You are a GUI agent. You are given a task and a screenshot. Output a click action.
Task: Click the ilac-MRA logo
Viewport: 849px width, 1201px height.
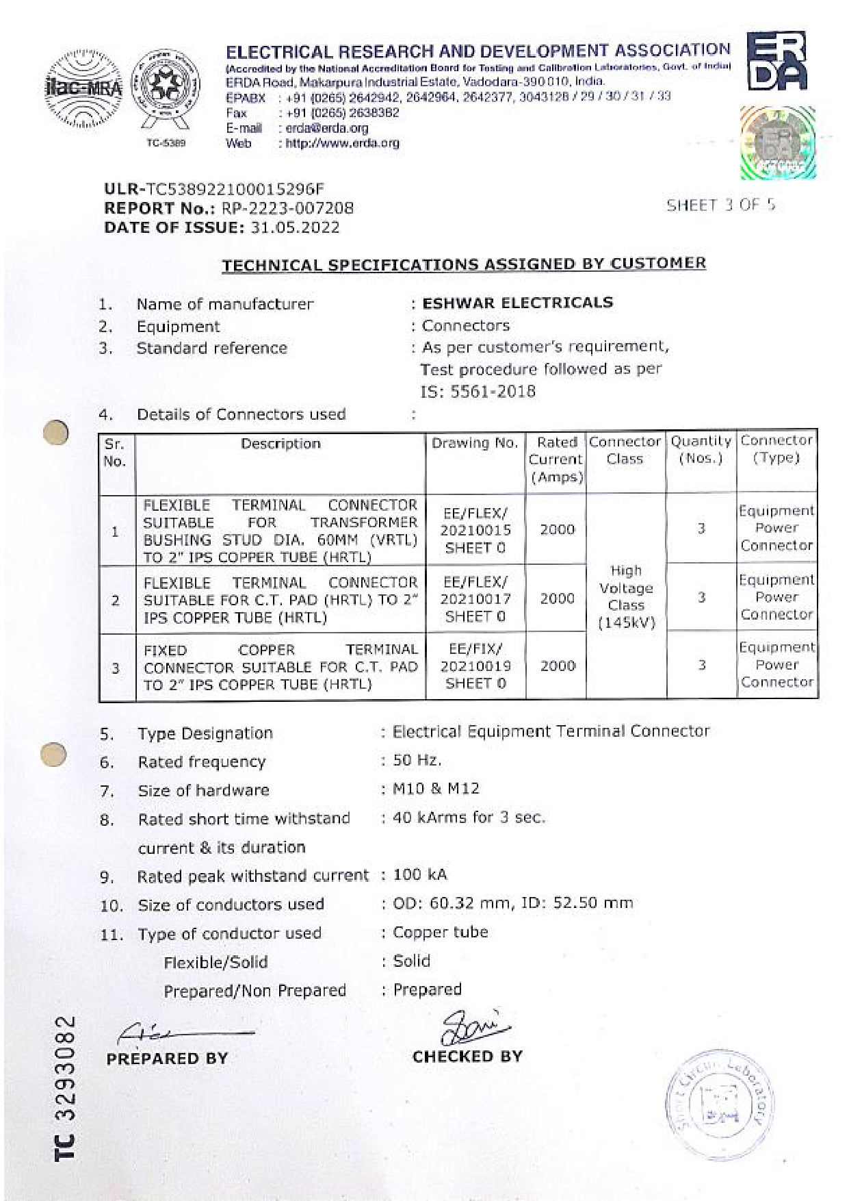pyautogui.click(x=83, y=88)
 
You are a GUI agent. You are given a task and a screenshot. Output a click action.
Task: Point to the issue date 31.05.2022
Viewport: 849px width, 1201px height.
pyautogui.click(x=295, y=227)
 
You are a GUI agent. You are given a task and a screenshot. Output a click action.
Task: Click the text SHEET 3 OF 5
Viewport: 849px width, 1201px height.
pyautogui.click(x=721, y=205)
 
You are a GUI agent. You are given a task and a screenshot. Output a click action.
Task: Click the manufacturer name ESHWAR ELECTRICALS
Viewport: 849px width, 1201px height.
pyautogui.click(x=517, y=303)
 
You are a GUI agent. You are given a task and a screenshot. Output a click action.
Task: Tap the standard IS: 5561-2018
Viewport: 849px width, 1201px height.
pyautogui.click(x=478, y=392)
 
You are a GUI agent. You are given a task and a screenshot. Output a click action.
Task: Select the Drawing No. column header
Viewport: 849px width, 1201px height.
pyautogui.click(x=475, y=443)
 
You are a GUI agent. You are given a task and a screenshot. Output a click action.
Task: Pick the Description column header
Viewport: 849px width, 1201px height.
pyautogui.click(x=280, y=444)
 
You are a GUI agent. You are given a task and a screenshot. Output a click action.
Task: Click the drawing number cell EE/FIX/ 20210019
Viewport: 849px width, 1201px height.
pyautogui.click(x=475, y=666)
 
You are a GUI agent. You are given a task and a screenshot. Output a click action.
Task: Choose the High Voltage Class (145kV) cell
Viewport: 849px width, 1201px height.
pyautogui.click(x=626, y=596)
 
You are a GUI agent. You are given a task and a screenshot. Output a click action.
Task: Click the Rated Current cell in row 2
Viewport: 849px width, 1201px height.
pyautogui.click(x=557, y=598)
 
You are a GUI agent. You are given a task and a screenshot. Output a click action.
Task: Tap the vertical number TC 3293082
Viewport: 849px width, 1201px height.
pyautogui.click(x=65, y=1088)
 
